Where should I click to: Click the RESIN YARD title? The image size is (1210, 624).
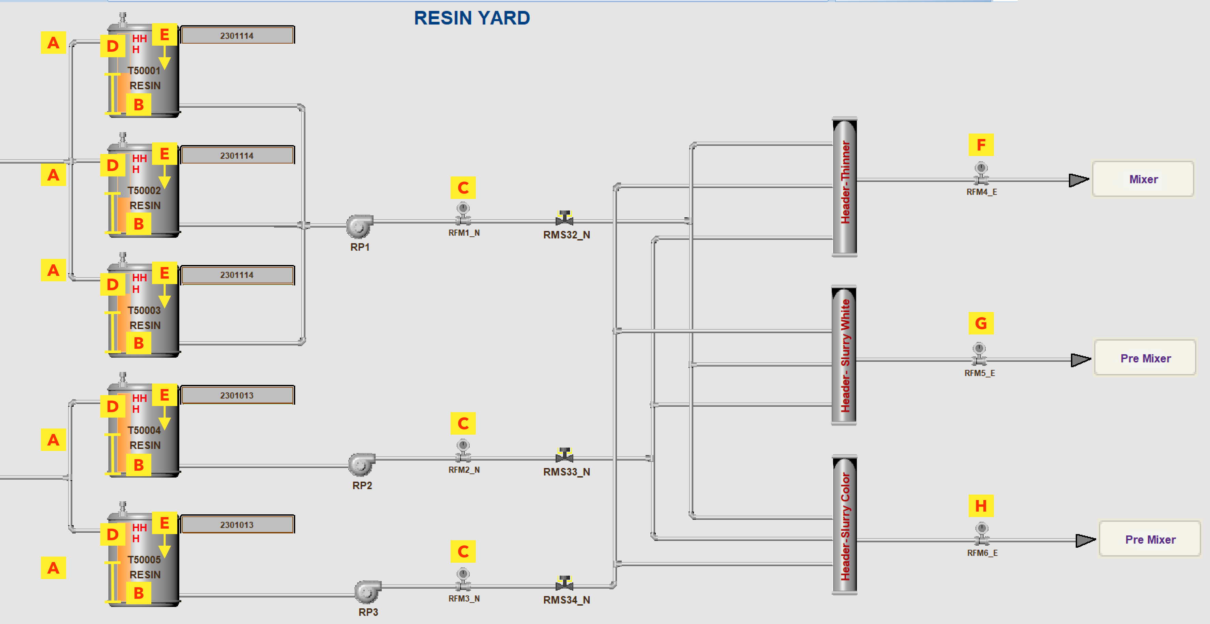pyautogui.click(x=472, y=18)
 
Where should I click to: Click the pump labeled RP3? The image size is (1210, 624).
pyautogui.click(x=367, y=592)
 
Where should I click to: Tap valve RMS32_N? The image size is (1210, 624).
pyautogui.click(x=564, y=218)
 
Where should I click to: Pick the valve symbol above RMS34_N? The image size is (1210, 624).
pyautogui.click(x=564, y=583)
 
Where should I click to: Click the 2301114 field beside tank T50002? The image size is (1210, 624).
pyautogui.click(x=237, y=155)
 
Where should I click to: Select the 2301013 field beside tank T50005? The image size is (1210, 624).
pyautogui.click(x=237, y=525)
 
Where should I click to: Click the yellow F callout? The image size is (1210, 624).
pyautogui.click(x=981, y=145)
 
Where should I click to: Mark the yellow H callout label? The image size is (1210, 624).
pyautogui.click(x=981, y=506)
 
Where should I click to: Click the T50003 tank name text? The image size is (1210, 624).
pyautogui.click(x=144, y=310)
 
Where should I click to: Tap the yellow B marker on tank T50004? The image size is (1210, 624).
pyautogui.click(x=139, y=465)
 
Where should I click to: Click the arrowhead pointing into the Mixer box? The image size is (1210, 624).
pyautogui.click(x=1078, y=180)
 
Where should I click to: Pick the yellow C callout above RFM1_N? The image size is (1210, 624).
pyautogui.click(x=463, y=188)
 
